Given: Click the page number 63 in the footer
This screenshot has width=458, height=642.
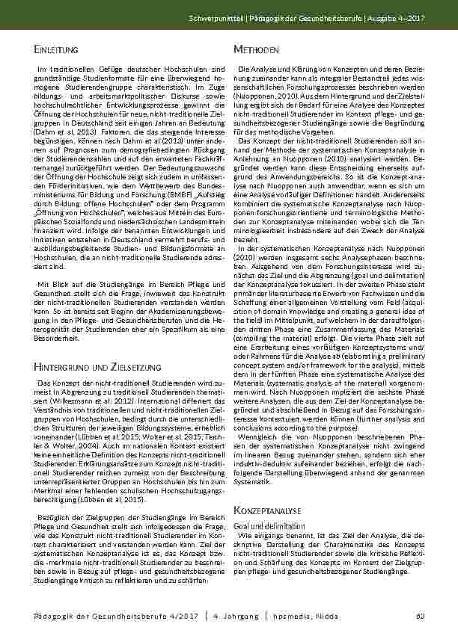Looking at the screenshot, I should coord(421,616).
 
